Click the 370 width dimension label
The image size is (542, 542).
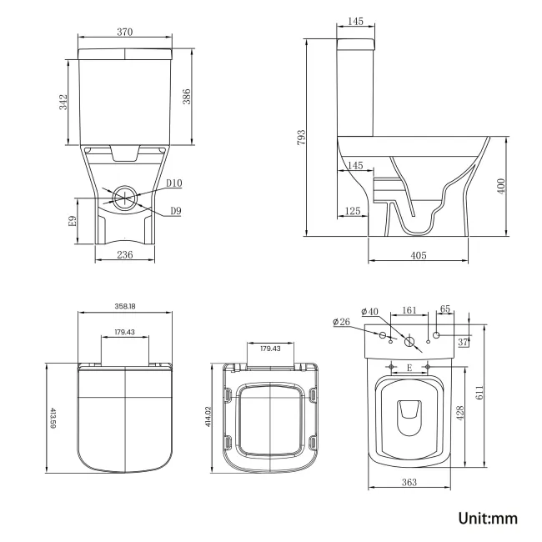[x=125, y=32]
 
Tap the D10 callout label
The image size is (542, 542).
[x=173, y=183]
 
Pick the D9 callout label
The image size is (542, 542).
[x=176, y=211]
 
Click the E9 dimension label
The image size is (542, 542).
[x=73, y=222]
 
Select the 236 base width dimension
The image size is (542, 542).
[x=125, y=256]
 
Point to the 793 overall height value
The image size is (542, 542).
[x=302, y=137]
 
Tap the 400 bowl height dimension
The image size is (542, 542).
[x=501, y=186]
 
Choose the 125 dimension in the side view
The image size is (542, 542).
[x=353, y=211]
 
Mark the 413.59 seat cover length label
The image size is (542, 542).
[x=53, y=417]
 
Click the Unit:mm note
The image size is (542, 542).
[x=488, y=518]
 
